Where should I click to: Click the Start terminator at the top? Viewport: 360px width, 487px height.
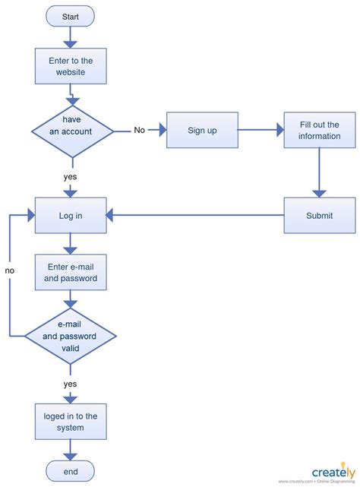(70, 16)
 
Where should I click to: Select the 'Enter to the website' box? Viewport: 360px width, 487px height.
(71, 66)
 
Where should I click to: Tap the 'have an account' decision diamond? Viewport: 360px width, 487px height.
(72, 131)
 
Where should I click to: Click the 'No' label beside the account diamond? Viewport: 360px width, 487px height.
(140, 130)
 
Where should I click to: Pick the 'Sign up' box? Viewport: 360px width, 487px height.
(202, 130)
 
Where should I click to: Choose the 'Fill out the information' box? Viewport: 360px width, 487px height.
(319, 130)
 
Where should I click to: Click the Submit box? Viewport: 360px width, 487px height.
(319, 215)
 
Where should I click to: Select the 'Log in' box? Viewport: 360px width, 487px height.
(71, 215)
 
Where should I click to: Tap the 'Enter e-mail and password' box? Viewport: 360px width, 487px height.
(71, 273)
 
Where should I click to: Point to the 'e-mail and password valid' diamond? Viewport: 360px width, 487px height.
(71, 336)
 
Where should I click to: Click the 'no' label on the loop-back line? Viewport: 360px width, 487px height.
(10, 270)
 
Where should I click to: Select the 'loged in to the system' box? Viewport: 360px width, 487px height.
(71, 422)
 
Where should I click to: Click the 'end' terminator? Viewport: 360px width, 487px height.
(70, 471)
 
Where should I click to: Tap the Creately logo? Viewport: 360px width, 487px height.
(333, 473)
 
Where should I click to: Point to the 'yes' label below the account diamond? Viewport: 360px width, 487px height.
(70, 177)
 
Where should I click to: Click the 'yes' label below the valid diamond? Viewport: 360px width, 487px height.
(70, 384)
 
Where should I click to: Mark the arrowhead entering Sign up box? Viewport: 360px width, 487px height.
(163, 130)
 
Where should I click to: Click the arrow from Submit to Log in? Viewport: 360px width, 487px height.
(194, 215)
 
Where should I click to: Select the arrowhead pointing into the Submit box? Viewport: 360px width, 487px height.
(319, 194)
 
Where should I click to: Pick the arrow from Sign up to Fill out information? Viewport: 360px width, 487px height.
(261, 130)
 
